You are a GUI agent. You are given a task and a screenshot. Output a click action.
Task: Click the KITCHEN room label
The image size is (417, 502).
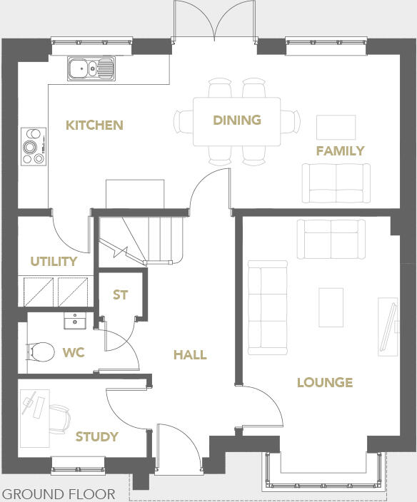[x=94, y=125]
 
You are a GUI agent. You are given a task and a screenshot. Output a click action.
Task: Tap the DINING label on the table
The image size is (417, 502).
[x=237, y=120]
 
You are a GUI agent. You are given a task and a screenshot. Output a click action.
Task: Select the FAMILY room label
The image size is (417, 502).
[x=341, y=150]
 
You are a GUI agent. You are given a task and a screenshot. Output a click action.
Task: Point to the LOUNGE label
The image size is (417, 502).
[x=325, y=382]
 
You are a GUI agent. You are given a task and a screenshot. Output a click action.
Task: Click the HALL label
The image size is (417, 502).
[x=190, y=354]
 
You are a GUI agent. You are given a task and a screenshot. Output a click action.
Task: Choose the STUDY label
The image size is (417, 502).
[x=96, y=436]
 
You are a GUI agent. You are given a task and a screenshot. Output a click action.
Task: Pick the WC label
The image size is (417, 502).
[x=73, y=352]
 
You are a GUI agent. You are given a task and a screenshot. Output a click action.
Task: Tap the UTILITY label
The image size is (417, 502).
[x=54, y=261]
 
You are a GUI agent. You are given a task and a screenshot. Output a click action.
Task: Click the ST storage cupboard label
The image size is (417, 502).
[x=121, y=294]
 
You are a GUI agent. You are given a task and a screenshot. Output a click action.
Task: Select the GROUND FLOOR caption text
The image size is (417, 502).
[x=59, y=493]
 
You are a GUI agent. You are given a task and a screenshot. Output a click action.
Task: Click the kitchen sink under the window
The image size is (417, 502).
[x=91, y=69]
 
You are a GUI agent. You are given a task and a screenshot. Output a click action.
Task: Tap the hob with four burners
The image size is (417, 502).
[x=33, y=146]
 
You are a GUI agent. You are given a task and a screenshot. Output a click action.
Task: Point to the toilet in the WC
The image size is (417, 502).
[x=41, y=351]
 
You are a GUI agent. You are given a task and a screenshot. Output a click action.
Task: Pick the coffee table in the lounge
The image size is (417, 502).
[x=331, y=307]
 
